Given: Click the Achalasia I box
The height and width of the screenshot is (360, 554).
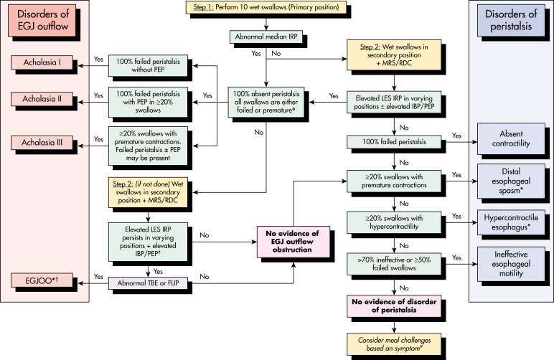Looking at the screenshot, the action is pos(42,62).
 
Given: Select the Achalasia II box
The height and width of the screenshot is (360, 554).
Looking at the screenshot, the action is pos(42,99).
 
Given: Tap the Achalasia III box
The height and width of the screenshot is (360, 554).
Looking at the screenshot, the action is pos(42,143).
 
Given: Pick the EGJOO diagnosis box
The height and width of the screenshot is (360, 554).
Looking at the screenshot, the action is pos(42,280).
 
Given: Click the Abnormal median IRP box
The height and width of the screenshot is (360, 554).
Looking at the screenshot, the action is pos(266,37).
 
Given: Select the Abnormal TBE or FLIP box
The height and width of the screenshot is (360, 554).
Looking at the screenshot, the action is pos(148,283).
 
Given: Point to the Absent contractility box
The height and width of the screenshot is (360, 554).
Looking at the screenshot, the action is pos(511,138).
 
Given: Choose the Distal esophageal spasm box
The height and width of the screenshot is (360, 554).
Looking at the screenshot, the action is pos(511,181).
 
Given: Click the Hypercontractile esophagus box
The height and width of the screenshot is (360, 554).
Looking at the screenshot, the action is pos(511,222).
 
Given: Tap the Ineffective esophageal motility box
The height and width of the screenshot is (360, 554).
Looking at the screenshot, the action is pos(511,264).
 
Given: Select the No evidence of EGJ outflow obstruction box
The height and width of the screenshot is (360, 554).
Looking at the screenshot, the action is pos(294,242).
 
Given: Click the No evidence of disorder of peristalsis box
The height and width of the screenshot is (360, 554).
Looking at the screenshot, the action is pos(394,306).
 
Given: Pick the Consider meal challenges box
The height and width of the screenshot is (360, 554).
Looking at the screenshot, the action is pos(394,344).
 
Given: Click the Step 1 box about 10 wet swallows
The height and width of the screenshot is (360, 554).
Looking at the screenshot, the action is pos(266,7).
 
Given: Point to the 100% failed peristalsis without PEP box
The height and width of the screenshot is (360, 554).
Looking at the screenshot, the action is pos(148,66).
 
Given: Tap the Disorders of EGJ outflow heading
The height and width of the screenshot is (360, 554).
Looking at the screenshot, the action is pos(42,20).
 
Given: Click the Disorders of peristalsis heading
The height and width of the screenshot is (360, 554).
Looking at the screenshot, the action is pos(511,20).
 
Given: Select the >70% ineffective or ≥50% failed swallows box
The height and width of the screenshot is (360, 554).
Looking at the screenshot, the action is pos(394,264).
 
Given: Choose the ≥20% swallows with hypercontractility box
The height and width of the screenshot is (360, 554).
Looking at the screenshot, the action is pos(394,222).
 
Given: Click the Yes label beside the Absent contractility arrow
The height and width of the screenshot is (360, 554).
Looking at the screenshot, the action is pos(456,136).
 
